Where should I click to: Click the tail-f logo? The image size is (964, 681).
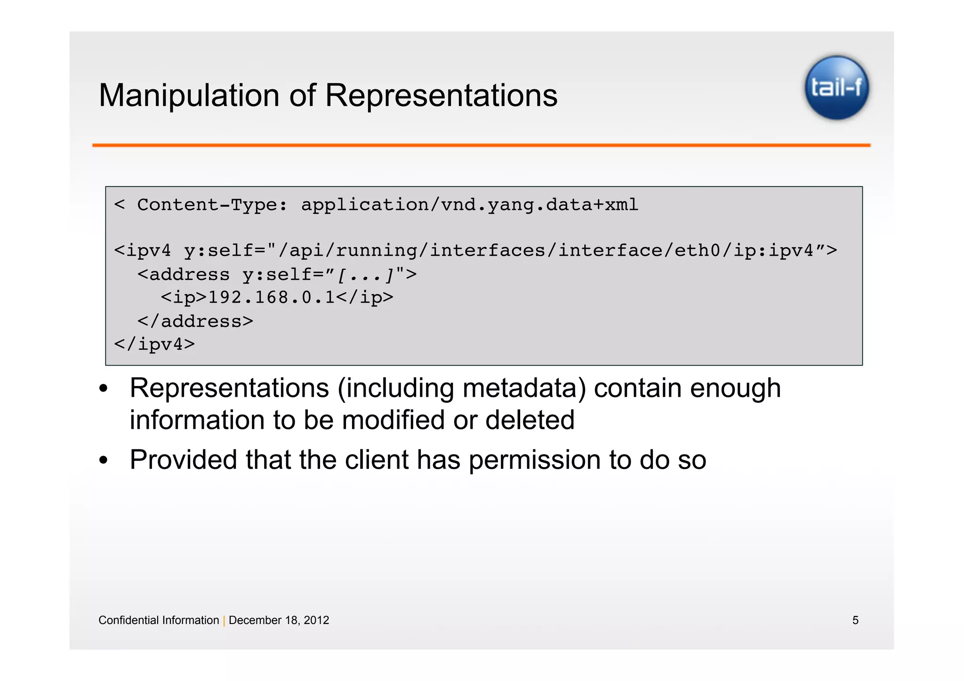coord(836,88)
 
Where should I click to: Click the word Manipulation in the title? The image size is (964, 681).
coord(189,96)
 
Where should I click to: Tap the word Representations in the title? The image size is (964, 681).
coord(441,96)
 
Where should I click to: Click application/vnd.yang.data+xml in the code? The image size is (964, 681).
coord(469,205)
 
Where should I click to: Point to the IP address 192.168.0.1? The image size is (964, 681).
coord(271,297)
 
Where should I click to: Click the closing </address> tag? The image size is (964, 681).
coord(195,321)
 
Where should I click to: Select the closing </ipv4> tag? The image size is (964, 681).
coord(154,345)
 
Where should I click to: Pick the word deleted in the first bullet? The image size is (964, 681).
coord(530,420)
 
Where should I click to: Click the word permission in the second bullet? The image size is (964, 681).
coord(534,460)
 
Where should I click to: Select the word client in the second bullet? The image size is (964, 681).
coord(376,460)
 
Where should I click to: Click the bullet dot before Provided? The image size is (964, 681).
coord(104,460)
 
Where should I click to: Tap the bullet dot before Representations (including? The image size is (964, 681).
coord(104,389)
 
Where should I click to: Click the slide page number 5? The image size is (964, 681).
coord(855,620)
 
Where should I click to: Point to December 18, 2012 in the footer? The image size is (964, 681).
coord(279,620)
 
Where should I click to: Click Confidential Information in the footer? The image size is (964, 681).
coord(159,620)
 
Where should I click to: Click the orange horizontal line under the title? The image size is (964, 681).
coord(481,145)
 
